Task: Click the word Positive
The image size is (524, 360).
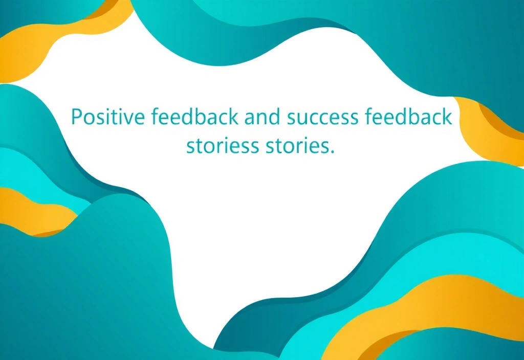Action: [108, 117]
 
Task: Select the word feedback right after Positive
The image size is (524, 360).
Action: [195, 116]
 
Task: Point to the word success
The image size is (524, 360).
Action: [323, 118]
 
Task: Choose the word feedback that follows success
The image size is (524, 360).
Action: [408, 116]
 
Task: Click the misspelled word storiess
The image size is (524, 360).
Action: [223, 146]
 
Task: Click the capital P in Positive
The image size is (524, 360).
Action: [77, 117]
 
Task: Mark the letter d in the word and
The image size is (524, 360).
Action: [275, 117]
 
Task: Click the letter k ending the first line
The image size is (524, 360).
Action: [447, 116]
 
